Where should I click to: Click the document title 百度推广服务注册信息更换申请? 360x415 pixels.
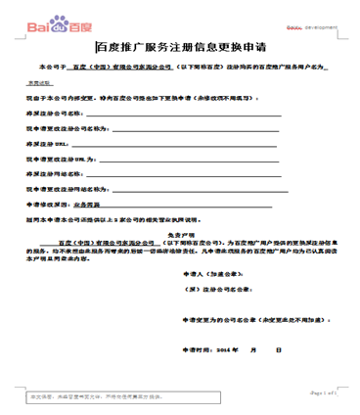[174, 46]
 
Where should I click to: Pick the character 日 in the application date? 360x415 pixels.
[279, 347]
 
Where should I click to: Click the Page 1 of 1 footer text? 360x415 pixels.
[322, 391]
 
